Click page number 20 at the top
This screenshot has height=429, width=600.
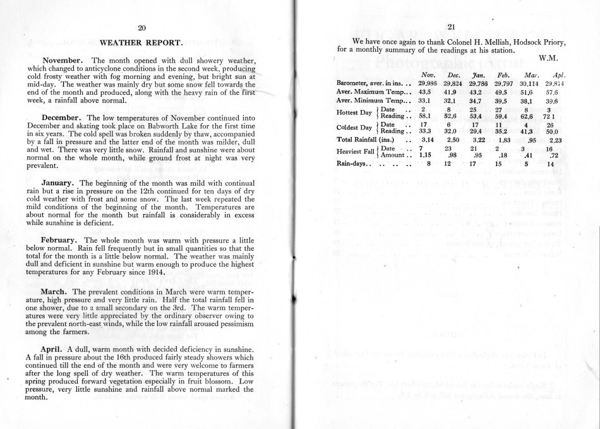pos(142,27)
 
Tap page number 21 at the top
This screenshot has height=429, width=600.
pos(451,27)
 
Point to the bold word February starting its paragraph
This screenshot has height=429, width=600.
pos(61,240)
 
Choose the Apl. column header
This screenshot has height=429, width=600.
pos(557,75)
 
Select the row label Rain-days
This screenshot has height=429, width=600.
pos(351,164)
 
